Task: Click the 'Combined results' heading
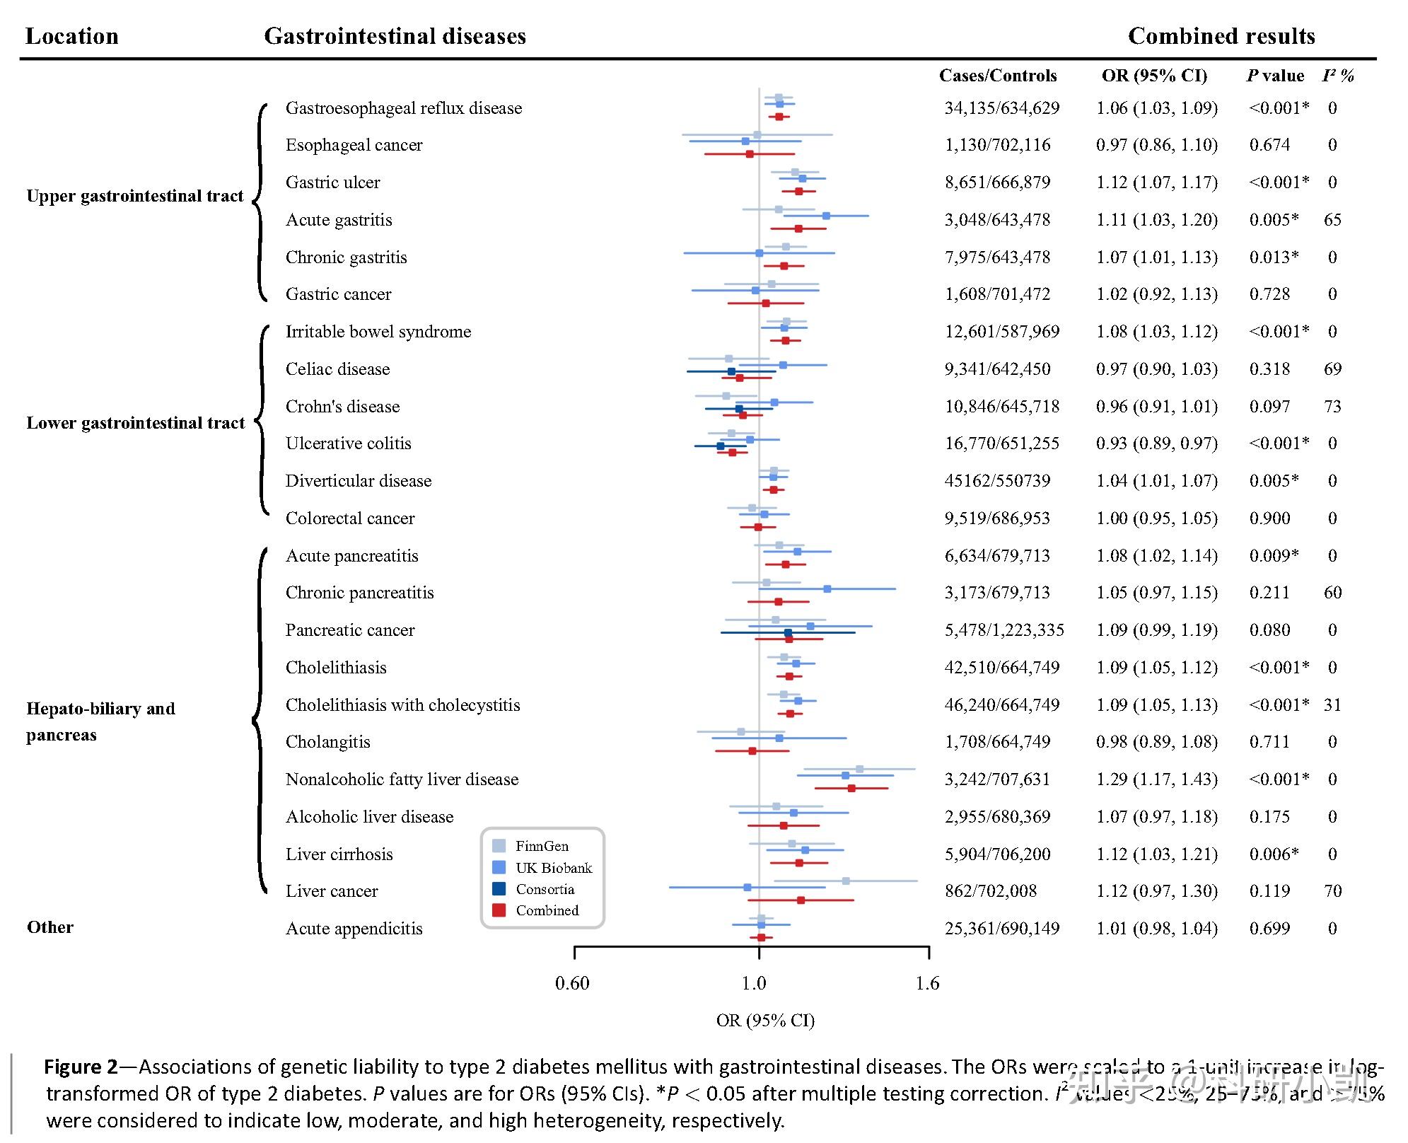(1221, 36)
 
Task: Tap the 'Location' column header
(71, 36)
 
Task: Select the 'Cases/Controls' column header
(997, 76)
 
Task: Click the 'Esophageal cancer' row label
(354, 145)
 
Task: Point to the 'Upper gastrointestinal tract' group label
(134, 196)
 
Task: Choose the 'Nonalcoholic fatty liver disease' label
(402, 779)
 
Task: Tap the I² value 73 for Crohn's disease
(1332, 407)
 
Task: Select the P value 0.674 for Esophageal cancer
(1269, 145)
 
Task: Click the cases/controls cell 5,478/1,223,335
(1004, 630)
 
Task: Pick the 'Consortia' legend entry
(545, 889)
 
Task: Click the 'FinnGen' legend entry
(542, 846)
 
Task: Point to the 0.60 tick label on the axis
(572, 983)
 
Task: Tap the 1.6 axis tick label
(927, 983)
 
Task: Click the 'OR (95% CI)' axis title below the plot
(765, 1021)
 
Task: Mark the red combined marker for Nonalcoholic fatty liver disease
(851, 788)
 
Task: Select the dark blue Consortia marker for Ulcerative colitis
(721, 446)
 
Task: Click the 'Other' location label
(50, 927)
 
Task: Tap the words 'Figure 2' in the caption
(81, 1067)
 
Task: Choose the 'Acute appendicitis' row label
(354, 929)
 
